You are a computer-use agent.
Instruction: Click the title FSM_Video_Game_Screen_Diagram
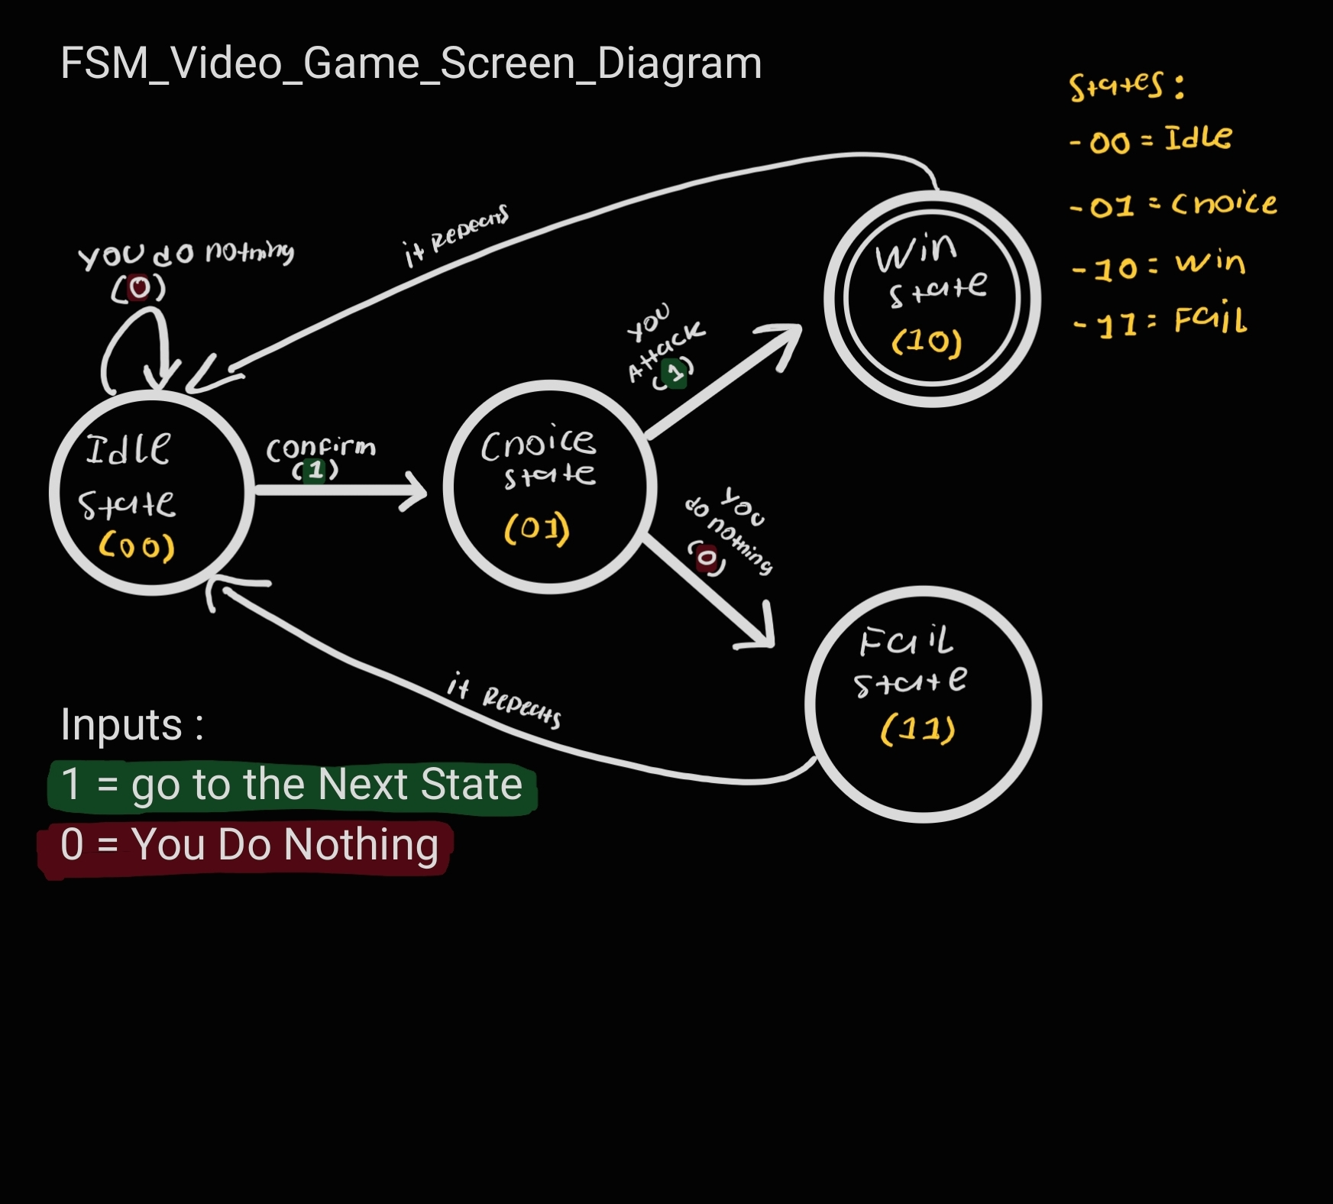click(410, 63)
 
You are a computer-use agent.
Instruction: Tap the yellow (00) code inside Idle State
click(137, 547)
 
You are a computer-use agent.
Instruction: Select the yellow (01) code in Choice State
click(537, 529)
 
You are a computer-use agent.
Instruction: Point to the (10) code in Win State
click(926, 341)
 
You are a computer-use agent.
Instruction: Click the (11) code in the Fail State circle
click(917, 730)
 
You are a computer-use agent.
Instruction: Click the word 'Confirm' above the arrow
click(321, 448)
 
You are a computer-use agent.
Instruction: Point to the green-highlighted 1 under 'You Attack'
click(675, 373)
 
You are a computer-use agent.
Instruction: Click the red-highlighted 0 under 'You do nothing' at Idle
click(138, 288)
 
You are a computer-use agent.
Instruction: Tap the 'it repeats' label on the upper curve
click(456, 235)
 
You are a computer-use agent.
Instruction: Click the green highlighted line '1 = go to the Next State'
click(292, 785)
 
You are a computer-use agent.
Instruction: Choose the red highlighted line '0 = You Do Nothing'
click(248, 845)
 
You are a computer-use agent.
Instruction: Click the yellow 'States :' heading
click(1127, 86)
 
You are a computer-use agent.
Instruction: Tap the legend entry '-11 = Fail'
click(1160, 321)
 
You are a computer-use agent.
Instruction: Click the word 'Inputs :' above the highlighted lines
click(131, 724)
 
